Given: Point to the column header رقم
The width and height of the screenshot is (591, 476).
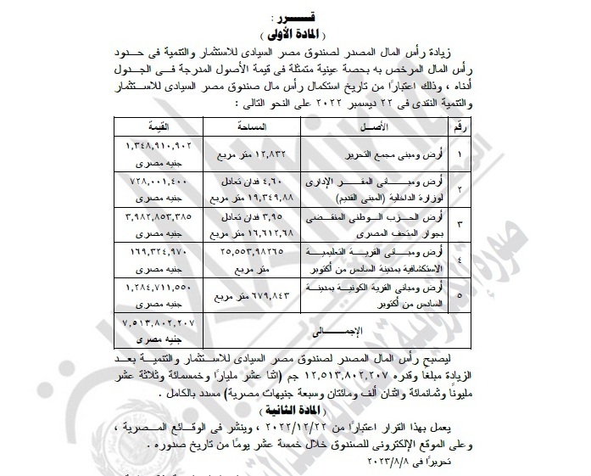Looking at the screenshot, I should click(x=458, y=127).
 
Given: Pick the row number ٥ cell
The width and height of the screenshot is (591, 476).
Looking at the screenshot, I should click(x=459, y=294).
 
